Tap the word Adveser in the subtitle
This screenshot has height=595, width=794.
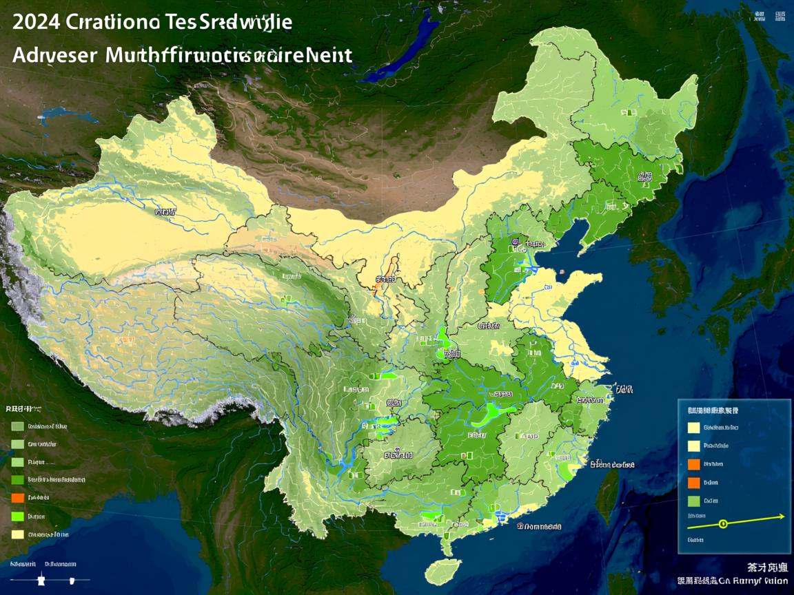tap(54, 55)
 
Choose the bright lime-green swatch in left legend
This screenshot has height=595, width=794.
tap(18, 516)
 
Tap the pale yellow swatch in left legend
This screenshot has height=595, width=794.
tap(18, 534)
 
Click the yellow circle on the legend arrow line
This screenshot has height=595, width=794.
tap(723, 524)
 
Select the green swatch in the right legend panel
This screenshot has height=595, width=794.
tap(693, 501)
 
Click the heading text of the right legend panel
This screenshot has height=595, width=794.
tap(713, 410)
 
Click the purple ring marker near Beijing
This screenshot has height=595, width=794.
tap(515, 242)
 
